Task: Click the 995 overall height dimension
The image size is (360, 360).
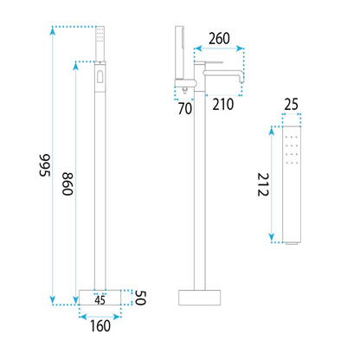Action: (x=45, y=165)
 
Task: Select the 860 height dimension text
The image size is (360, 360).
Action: (x=67, y=184)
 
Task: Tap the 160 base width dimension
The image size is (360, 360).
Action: (x=100, y=326)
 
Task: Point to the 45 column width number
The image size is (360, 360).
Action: (x=100, y=300)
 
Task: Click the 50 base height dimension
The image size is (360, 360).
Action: (x=140, y=298)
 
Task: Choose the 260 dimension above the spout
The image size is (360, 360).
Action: (x=219, y=39)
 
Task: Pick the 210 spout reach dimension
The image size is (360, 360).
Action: (x=223, y=105)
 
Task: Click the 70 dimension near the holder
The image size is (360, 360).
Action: (x=185, y=108)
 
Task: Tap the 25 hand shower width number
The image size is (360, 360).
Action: (x=291, y=105)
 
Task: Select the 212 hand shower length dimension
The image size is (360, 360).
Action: (x=263, y=184)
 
